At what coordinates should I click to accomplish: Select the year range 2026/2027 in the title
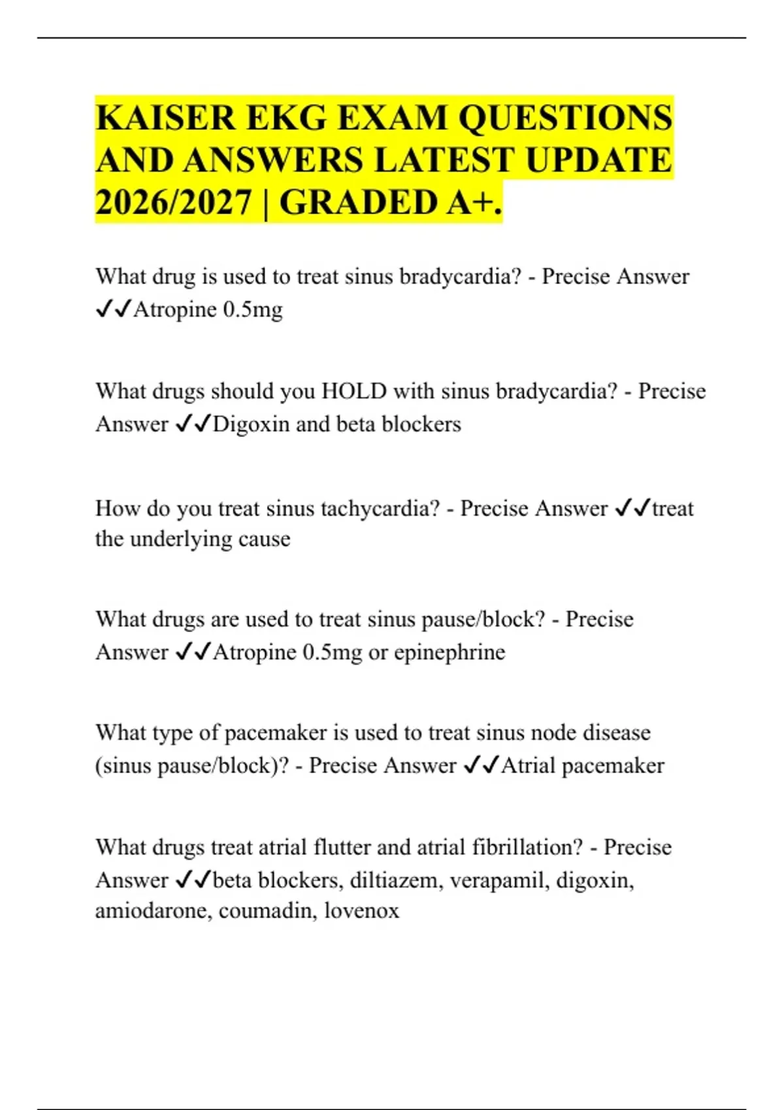174,202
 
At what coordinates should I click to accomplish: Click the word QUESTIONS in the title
565,119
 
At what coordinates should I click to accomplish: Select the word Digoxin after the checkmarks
251,424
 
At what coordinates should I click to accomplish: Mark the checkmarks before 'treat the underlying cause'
632,508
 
